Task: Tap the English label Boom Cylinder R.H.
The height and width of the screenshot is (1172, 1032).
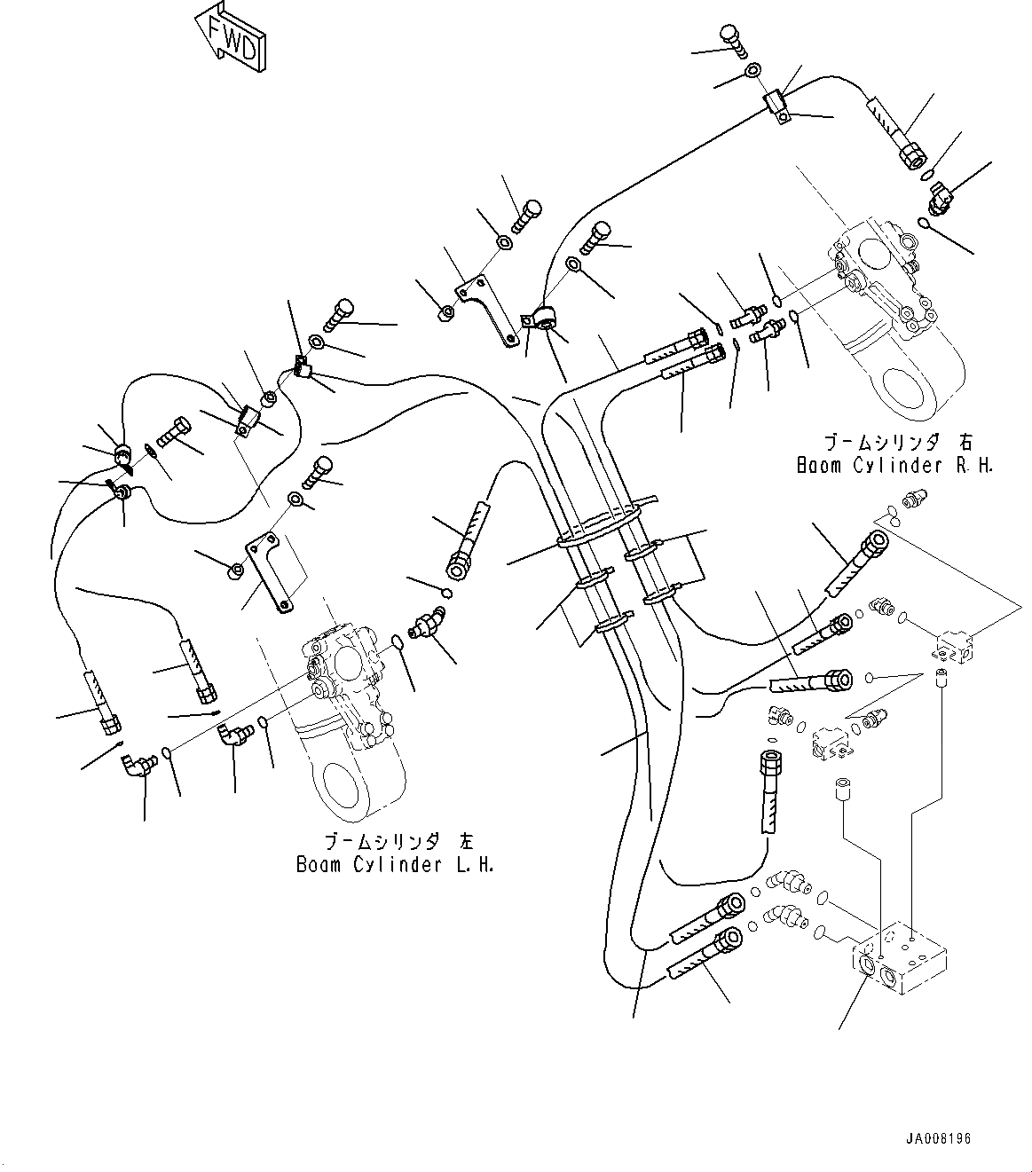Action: (x=894, y=465)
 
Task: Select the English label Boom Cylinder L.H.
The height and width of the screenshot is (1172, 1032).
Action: (x=395, y=865)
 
